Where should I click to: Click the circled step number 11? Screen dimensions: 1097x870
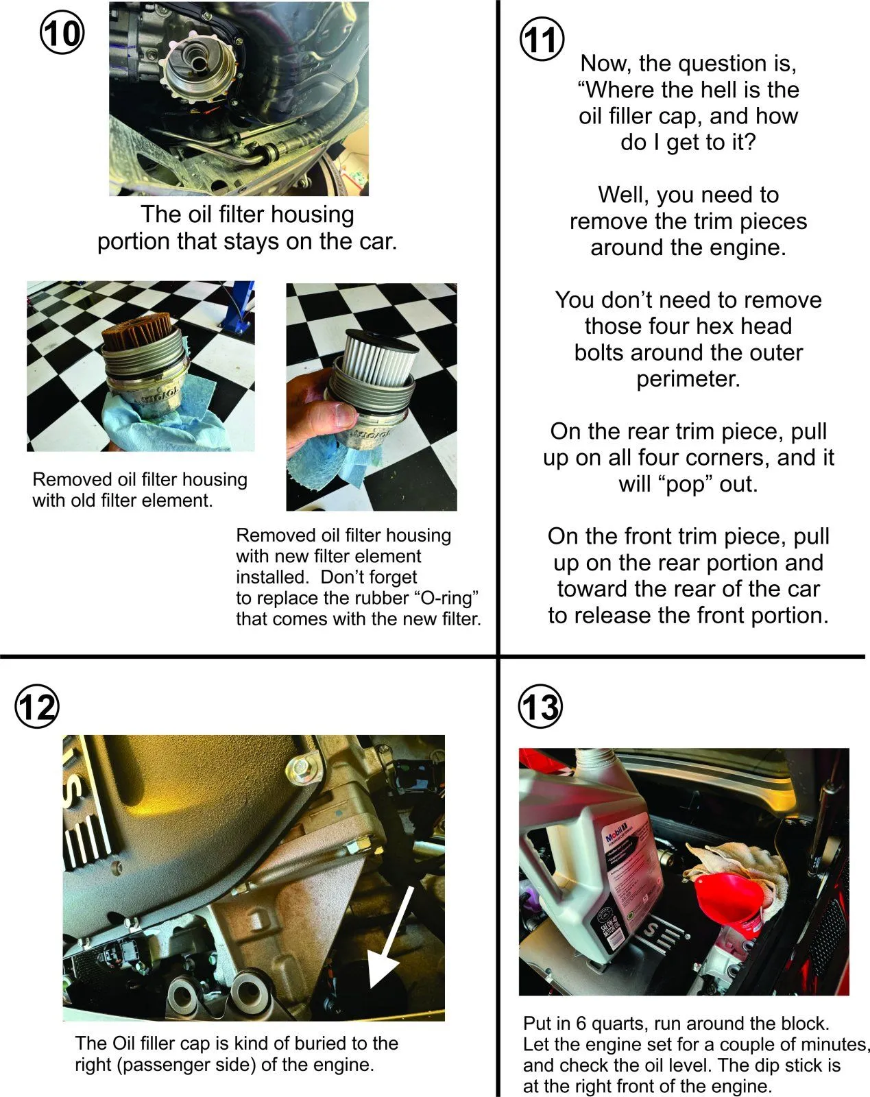tap(542, 40)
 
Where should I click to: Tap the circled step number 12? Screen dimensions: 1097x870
tap(36, 707)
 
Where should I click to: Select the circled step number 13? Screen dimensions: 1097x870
tap(540, 707)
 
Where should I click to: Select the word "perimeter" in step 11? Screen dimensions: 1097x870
tap(688, 379)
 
